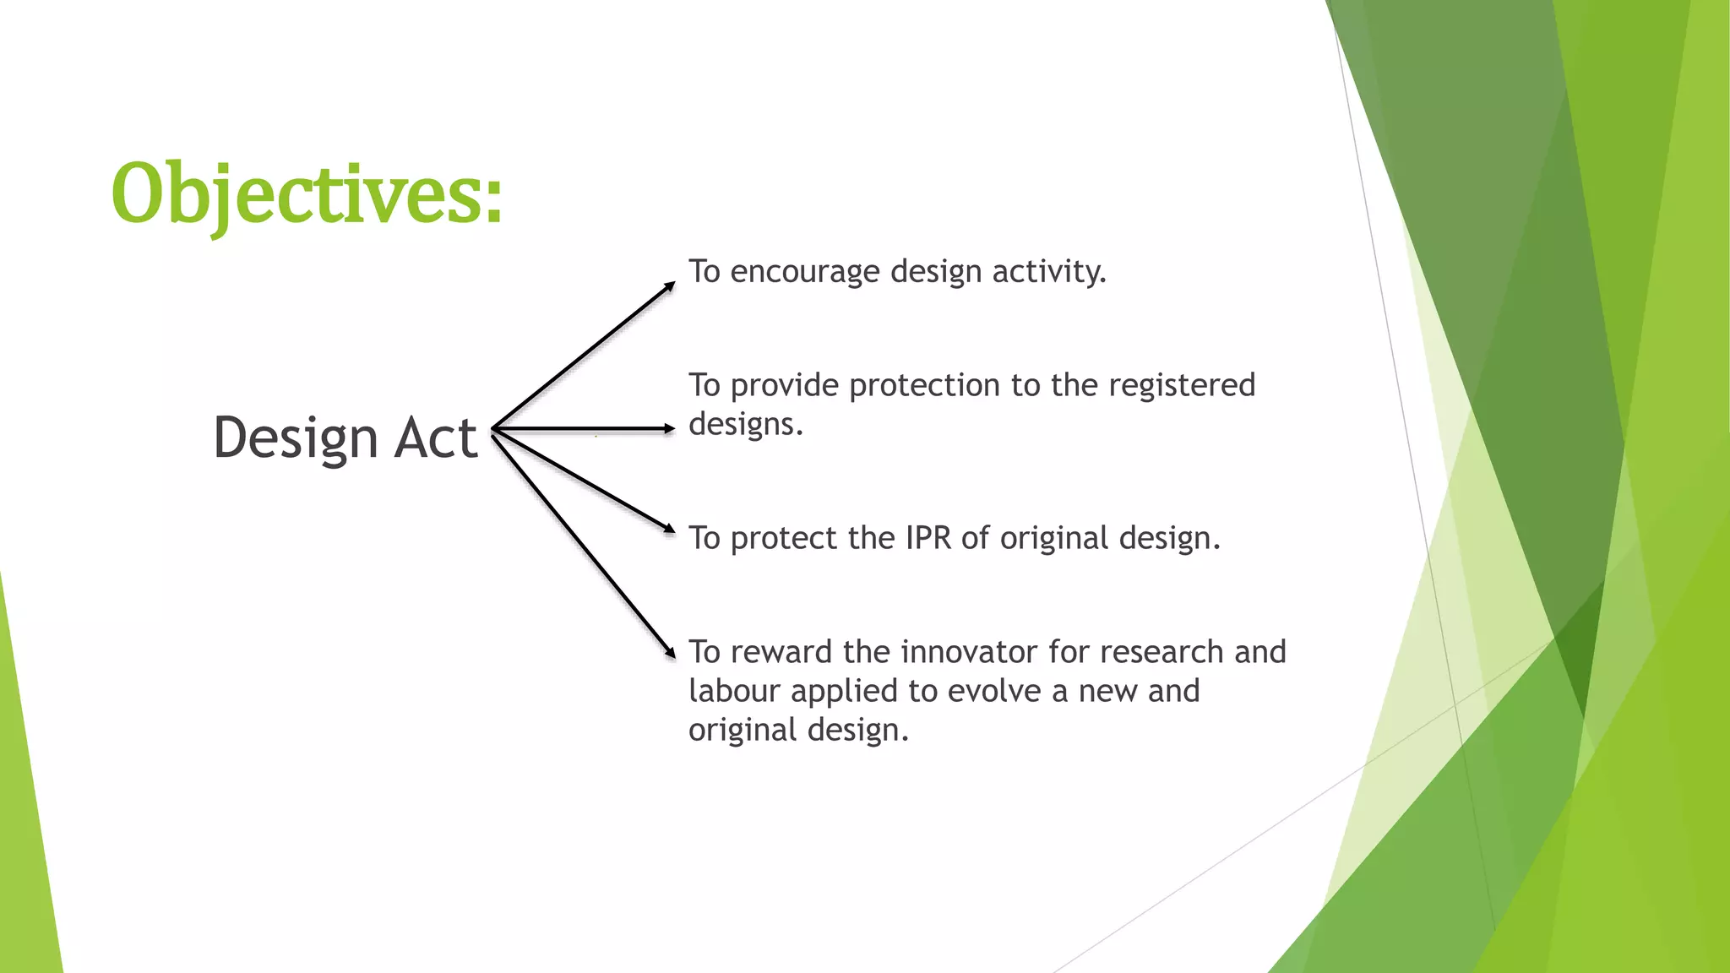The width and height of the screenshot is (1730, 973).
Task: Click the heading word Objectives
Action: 296,194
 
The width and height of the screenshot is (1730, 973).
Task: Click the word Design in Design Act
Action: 295,438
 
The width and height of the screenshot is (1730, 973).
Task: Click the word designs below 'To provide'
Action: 744,424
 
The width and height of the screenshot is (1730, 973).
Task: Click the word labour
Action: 733,691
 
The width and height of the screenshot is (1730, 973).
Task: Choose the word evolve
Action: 994,691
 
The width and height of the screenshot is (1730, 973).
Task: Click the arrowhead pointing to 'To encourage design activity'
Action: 671,285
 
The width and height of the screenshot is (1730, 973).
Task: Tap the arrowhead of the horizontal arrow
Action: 670,429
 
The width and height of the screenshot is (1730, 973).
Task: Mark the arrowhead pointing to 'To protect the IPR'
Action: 670,530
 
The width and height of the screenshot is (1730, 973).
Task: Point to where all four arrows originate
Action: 493,430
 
